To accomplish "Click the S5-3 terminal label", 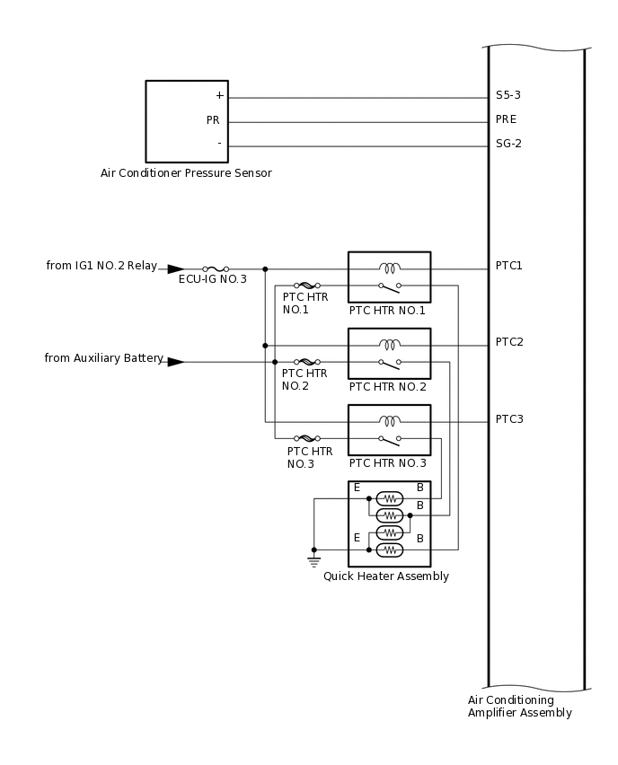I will pyautogui.click(x=508, y=95).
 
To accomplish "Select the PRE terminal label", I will pyautogui.click(x=506, y=119).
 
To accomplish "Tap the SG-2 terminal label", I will pyautogui.click(x=508, y=144).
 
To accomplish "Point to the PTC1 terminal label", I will pyautogui.click(x=508, y=266).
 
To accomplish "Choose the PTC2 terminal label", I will pyautogui.click(x=508, y=342).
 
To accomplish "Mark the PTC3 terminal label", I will pyautogui.click(x=508, y=419).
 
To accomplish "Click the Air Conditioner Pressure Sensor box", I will pyautogui.click(x=187, y=121).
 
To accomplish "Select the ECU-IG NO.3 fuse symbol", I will pyautogui.click(x=215, y=268).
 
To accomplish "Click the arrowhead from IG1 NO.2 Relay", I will pyautogui.click(x=175, y=268).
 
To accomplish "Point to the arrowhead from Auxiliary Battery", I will pyautogui.click(x=175, y=362).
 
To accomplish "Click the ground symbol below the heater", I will pyautogui.click(x=313, y=561).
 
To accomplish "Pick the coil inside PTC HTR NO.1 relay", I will pyautogui.click(x=390, y=268).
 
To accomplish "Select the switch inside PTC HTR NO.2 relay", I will pyautogui.click(x=390, y=363).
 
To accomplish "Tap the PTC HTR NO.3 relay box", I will pyautogui.click(x=390, y=430).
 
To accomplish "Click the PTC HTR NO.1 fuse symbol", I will pyautogui.click(x=304, y=286).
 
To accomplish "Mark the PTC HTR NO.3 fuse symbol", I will pyautogui.click(x=304, y=438).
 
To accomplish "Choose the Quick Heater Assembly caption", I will pyautogui.click(x=386, y=576).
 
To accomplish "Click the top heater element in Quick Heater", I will pyautogui.click(x=390, y=497).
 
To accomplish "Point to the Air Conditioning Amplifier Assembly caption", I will pyautogui.click(x=519, y=707).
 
